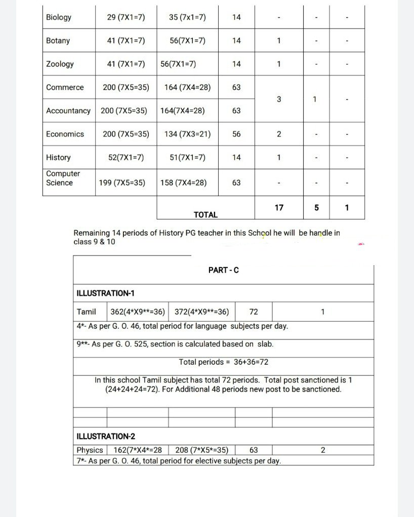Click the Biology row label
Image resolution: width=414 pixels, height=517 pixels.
coord(59,17)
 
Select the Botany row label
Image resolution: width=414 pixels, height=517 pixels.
coord(58,40)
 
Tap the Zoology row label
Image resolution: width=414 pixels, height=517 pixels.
coord(60,64)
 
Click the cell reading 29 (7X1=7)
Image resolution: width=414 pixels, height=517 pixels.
coord(126,17)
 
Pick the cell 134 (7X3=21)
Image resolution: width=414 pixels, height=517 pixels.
coord(187,134)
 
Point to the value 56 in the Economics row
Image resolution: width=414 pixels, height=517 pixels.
coord(236,134)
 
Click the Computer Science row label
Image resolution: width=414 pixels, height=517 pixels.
coord(63,178)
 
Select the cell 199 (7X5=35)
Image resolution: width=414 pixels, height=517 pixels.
coord(126,183)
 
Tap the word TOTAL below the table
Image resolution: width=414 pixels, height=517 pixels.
coord(205,214)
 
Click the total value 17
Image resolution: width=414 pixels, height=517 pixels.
coord(279,207)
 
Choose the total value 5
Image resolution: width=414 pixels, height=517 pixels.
coord(316,207)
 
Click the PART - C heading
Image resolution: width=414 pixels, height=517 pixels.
coord(224,270)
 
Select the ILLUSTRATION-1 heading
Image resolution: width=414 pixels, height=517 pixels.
coord(105,293)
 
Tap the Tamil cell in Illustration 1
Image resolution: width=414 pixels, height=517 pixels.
coord(87,312)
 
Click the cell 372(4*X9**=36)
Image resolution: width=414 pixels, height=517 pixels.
coord(201,312)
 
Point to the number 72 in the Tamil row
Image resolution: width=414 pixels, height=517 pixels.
coord(254,312)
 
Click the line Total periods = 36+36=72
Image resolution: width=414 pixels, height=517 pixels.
coord(223,362)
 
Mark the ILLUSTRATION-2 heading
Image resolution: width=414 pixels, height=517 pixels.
coord(106,436)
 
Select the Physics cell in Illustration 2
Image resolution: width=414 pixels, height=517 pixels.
coord(90,450)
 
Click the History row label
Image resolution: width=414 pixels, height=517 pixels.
coord(58,157)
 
